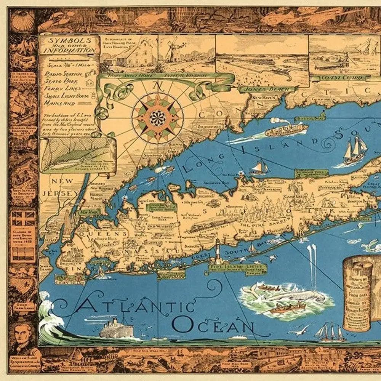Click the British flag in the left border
(x=23, y=220)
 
